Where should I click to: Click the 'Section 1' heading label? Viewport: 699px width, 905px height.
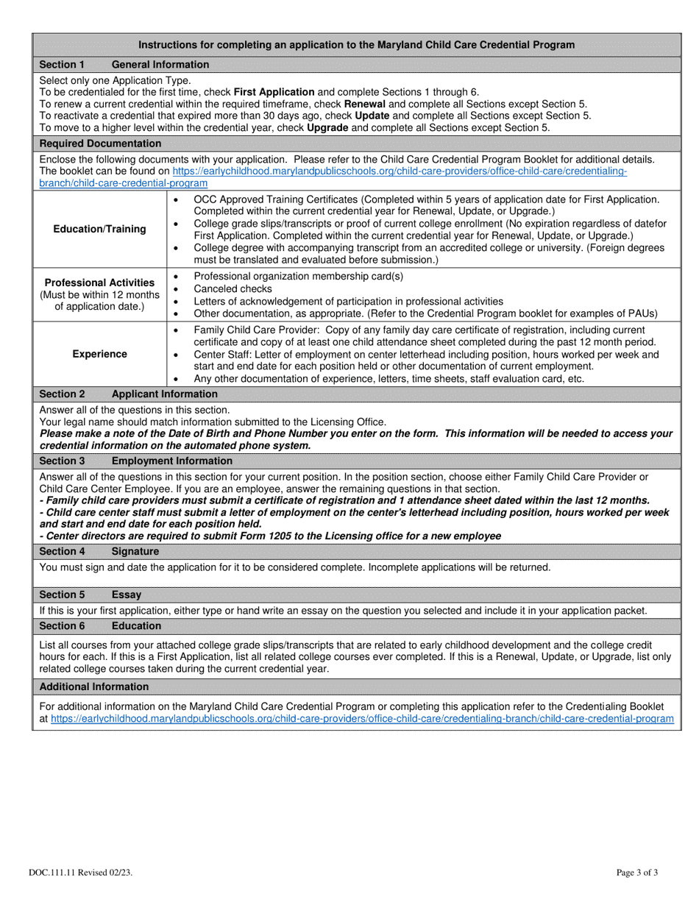[x=62, y=65]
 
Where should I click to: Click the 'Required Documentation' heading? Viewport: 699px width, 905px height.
[x=100, y=143]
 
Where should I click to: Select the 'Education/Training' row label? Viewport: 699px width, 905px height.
[x=100, y=229]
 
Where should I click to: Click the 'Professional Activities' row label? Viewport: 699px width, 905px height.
[x=100, y=283]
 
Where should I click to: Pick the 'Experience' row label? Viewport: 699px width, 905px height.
[x=100, y=354]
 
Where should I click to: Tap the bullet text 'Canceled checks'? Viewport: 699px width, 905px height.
[x=233, y=289]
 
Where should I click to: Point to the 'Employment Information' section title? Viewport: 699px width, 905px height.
[x=171, y=461]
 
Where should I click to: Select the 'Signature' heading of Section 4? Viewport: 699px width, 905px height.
[x=135, y=551]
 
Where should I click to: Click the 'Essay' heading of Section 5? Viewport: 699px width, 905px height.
[x=127, y=595]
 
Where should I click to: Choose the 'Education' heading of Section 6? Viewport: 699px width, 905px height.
[x=136, y=626]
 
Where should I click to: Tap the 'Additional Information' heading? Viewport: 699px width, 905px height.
[x=93, y=687]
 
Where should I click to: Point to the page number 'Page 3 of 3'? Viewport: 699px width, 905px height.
[x=637, y=873]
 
